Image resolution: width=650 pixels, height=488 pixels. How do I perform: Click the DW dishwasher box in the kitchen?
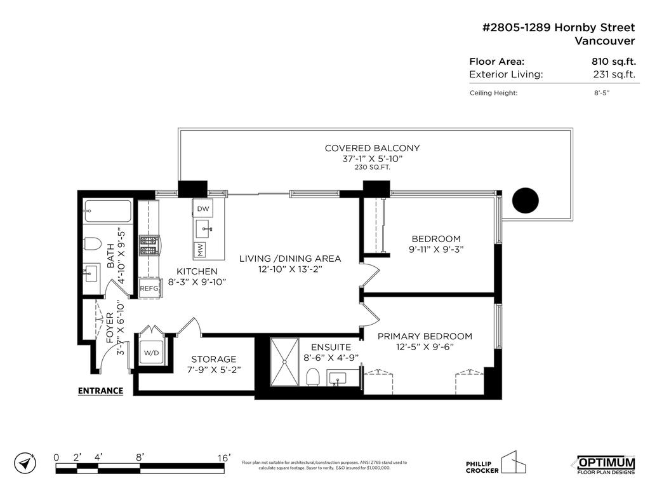(203, 208)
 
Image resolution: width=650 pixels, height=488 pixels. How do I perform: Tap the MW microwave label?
(201, 250)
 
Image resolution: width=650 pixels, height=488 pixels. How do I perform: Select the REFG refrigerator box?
(149, 288)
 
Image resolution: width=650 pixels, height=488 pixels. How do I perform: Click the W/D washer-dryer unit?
(151, 353)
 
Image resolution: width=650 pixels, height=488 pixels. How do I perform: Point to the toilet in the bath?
(93, 245)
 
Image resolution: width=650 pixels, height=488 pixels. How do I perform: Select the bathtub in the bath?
(107, 211)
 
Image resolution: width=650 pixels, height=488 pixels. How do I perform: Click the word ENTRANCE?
(100, 391)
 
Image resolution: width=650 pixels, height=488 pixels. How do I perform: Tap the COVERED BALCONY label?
(372, 148)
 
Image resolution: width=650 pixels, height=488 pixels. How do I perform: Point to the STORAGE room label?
(213, 359)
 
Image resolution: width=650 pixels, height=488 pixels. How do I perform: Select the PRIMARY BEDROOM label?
(425, 336)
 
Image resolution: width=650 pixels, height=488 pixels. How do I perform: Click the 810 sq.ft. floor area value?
(613, 62)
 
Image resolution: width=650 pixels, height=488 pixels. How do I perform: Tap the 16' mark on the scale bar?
(223, 457)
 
